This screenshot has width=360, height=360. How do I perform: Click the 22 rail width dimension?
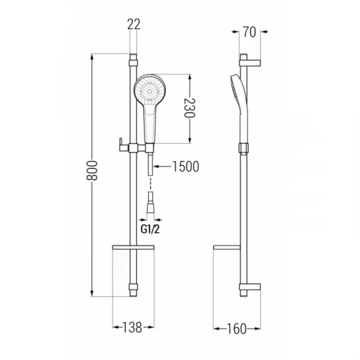pos(134,25)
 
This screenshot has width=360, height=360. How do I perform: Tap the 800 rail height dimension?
pos(92,170)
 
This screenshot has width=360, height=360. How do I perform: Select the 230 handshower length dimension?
pos(190,108)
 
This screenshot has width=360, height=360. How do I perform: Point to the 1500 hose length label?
pos(185,166)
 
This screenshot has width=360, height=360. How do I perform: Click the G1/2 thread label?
pos(150,229)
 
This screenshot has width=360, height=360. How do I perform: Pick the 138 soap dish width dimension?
pos(132,328)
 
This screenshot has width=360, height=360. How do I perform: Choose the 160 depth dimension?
pos(236,329)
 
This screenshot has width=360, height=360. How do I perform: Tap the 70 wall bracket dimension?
pos(250,32)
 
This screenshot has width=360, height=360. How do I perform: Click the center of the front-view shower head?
pos(149,91)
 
